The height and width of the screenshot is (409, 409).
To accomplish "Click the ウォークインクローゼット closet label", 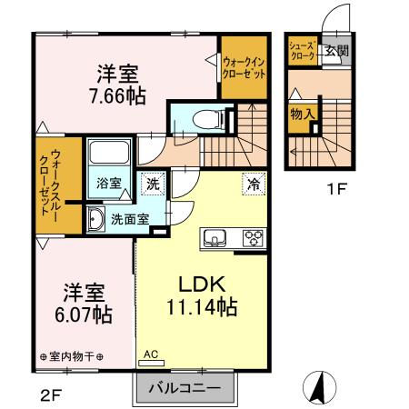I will [x=244, y=68].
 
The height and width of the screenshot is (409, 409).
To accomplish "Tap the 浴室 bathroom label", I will [x=108, y=182].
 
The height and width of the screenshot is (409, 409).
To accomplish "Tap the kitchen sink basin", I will [x=216, y=239].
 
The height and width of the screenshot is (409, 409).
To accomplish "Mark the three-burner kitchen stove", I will [x=252, y=239].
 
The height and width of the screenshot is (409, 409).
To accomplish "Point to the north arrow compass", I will [x=319, y=389].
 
